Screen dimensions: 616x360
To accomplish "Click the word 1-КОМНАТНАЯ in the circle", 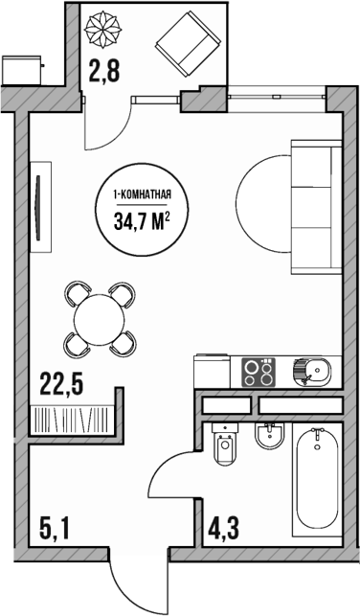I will pos(143,196).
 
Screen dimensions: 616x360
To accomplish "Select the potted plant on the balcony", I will pos(102,31).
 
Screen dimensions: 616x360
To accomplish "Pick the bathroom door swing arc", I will pos(173,479).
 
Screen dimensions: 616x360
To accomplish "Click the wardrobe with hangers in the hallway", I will pos(71,420).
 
